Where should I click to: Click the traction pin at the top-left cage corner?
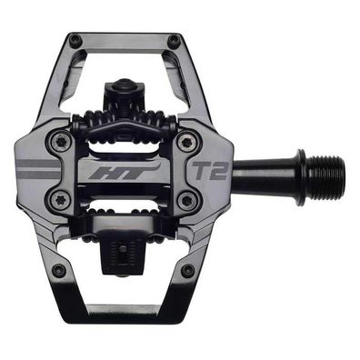pyautogui.click(x=75, y=40)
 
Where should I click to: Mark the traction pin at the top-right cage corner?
pyautogui.click(x=174, y=40)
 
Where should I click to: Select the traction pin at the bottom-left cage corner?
pyautogui.click(x=59, y=270)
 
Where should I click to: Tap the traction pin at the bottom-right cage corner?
pyautogui.click(x=188, y=270)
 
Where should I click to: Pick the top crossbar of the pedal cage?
pyautogui.click(x=125, y=41)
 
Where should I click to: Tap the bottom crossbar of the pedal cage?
pyautogui.click(x=125, y=310)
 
